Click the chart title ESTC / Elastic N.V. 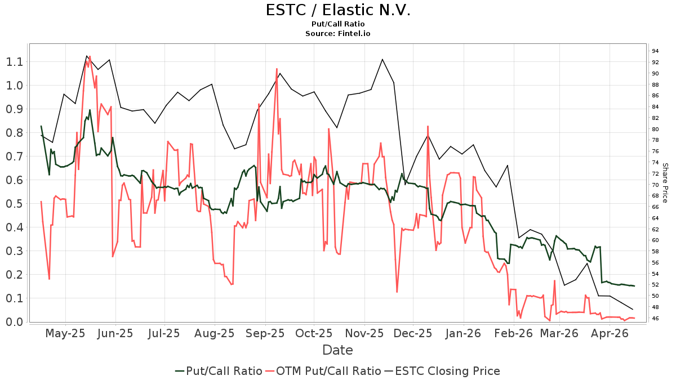pos(337,10)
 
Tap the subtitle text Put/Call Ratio pos(337,24)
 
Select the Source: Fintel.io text pos(337,33)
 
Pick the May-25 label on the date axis pos(65,333)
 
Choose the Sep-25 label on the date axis pos(264,333)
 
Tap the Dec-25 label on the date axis pos(412,333)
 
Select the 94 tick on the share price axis pos(656,51)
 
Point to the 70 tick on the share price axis pos(656,185)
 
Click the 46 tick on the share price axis pos(656,319)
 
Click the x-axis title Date pos(337,350)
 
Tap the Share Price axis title pos(665,183)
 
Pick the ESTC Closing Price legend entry pos(442,371)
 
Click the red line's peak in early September pos(277,69)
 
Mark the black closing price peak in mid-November pos(383,59)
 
